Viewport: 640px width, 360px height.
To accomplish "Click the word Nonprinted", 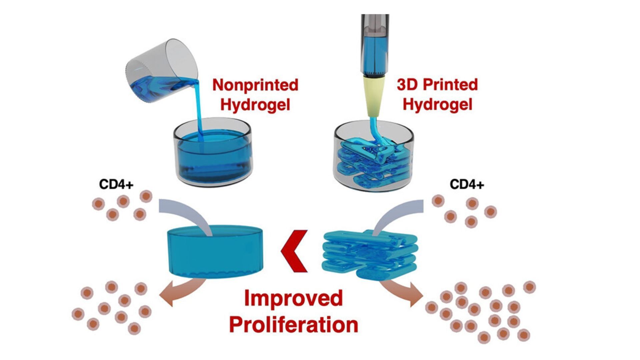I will pyautogui.click(x=255, y=85).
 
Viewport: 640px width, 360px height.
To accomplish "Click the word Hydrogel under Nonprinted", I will pyautogui.click(x=255, y=105).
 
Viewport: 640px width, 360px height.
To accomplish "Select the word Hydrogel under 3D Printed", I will pyautogui.click(x=437, y=105).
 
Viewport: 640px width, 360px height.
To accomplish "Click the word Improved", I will pyautogui.click(x=293, y=298).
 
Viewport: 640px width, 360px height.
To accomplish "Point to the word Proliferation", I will pyautogui.click(x=293, y=324).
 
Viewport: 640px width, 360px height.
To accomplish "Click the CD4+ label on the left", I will pyautogui.click(x=116, y=184).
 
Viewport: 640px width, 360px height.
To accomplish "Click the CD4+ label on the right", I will pyautogui.click(x=467, y=184).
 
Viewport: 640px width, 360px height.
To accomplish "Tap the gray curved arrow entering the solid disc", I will pyautogui.click(x=187, y=213).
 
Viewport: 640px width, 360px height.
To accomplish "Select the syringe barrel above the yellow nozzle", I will pyautogui.click(x=374, y=47).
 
